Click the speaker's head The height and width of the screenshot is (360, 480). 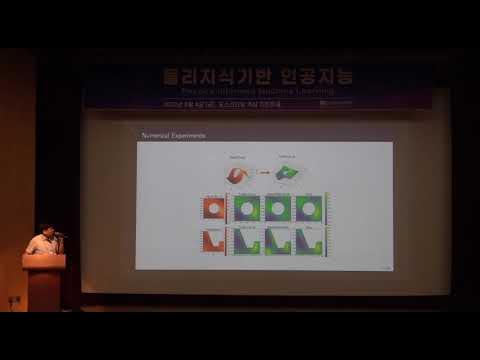point(45,230)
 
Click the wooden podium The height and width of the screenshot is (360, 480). point(44,281)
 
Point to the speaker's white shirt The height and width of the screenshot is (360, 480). point(41,244)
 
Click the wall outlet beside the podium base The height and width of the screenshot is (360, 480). point(14,299)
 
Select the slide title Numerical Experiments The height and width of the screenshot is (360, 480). point(168,135)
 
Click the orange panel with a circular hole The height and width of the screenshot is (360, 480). point(212,208)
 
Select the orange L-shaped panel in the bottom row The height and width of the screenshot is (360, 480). point(212,241)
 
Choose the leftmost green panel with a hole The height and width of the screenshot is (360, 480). point(246,208)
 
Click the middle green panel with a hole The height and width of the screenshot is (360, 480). point(278,208)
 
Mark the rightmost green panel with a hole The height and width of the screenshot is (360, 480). point(310,208)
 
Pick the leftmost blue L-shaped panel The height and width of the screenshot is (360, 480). point(246,241)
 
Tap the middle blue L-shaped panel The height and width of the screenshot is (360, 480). point(278,241)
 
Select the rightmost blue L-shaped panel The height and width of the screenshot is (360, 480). point(310,241)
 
